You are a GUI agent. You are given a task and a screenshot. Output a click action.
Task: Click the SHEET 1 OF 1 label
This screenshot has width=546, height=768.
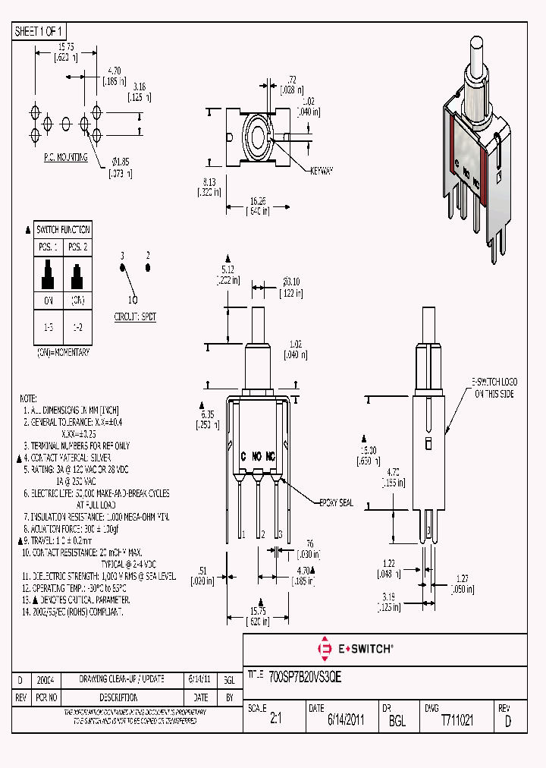point(39,31)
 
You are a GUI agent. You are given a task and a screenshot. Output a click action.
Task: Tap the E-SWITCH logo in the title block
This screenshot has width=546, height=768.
point(355,649)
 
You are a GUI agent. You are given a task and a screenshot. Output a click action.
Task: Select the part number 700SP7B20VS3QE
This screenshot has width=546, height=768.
point(306,678)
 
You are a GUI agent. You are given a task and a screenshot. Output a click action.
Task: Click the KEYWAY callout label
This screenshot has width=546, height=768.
point(322,172)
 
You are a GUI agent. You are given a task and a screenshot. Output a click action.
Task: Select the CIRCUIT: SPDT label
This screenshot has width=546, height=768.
point(135,316)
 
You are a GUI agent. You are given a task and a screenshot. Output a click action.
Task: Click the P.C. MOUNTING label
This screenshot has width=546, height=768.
point(65,157)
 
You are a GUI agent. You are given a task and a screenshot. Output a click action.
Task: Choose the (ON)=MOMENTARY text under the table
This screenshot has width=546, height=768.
point(63,353)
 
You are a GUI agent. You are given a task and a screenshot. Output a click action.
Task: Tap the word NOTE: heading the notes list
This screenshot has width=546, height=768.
point(28,398)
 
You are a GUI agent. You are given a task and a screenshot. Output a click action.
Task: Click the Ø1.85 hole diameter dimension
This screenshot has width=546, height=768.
point(121,161)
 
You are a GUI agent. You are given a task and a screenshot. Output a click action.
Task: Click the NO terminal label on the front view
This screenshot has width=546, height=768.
point(257,456)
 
